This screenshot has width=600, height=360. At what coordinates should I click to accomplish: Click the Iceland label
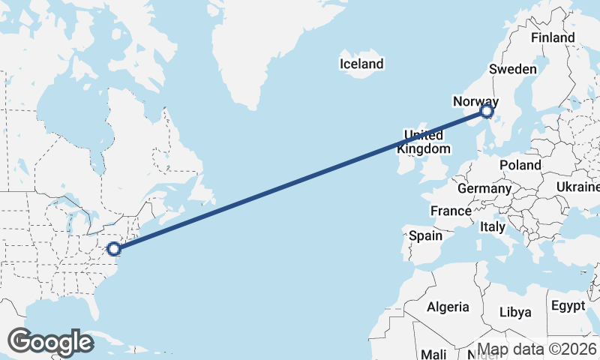pos(361,64)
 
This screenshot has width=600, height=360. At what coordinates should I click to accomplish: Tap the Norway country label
pos(475,100)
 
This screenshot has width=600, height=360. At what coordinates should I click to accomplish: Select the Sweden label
pos(513,69)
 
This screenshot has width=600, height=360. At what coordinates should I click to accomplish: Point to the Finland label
pos(552,37)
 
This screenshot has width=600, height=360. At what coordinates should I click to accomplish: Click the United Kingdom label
pos(424,142)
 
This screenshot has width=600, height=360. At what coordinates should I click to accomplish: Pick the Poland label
pos(520,165)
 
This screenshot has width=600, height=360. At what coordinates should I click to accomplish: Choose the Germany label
pos(484,188)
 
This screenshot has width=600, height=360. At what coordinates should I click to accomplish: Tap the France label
pos(451,211)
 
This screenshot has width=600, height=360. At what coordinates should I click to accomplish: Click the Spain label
pos(425,235)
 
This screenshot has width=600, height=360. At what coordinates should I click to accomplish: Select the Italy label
pos(493,226)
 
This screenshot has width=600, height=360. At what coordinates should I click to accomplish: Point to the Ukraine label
pos(578,186)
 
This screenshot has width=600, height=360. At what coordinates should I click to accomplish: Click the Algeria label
pos(448,307)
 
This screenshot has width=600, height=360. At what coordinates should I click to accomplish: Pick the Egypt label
pos(568,306)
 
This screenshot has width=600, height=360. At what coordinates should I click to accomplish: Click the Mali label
pos(434,353)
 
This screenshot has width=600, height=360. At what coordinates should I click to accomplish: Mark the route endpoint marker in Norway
pos(487,112)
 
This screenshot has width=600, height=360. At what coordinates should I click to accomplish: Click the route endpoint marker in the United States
pos(114,248)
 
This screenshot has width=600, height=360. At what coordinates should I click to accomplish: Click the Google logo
pos(50,342)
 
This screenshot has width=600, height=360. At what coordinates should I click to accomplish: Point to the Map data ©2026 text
pos(537,349)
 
